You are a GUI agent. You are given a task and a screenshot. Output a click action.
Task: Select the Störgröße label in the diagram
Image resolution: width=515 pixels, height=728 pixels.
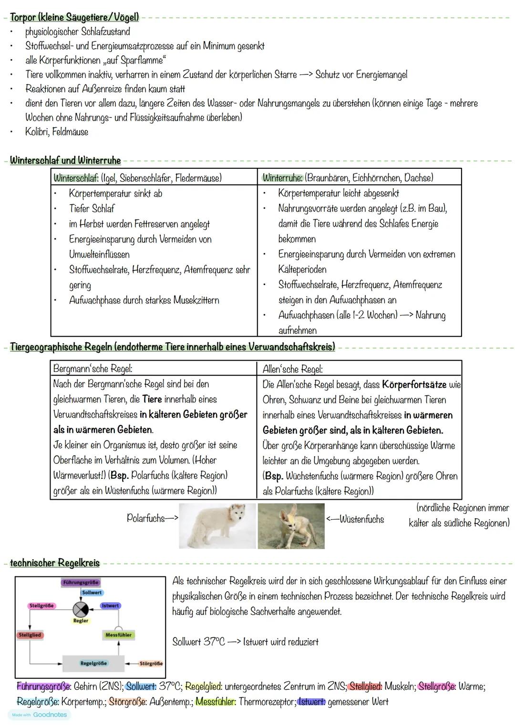(x=151, y=663)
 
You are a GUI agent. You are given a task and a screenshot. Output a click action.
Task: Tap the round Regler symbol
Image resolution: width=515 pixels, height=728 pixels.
(x=80, y=609)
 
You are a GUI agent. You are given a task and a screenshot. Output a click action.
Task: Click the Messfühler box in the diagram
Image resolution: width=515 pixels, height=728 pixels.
(x=118, y=635)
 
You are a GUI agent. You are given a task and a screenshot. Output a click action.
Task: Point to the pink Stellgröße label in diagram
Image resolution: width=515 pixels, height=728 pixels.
(x=42, y=605)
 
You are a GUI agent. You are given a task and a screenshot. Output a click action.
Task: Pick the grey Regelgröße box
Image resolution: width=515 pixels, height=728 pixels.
(x=93, y=663)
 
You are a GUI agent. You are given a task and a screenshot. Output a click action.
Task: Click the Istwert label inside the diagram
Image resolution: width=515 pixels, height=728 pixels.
(x=110, y=605)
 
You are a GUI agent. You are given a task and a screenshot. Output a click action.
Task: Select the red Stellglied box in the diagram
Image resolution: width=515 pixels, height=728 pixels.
(x=30, y=635)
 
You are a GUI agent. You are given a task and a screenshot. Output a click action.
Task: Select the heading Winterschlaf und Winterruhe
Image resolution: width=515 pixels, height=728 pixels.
(x=65, y=160)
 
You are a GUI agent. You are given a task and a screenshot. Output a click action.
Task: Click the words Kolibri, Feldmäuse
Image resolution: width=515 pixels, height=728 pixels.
(x=57, y=132)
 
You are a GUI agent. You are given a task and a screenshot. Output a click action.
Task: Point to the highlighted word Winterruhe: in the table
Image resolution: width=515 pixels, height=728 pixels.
(x=282, y=178)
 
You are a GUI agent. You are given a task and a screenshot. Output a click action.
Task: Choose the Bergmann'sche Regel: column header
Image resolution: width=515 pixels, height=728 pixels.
(x=93, y=369)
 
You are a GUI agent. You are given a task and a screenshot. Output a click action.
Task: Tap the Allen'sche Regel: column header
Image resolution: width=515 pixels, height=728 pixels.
(x=292, y=369)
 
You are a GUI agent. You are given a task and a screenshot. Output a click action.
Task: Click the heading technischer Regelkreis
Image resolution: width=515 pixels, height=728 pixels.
(x=55, y=563)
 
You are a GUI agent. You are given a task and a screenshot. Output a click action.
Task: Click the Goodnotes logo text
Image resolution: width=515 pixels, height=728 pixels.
(x=50, y=715)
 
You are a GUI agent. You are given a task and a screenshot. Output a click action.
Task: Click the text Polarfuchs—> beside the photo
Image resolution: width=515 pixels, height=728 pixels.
(x=152, y=518)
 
